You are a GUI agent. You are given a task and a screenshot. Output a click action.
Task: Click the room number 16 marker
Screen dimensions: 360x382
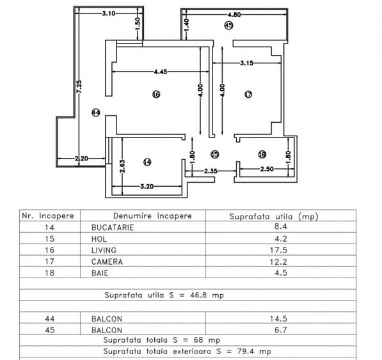[155, 95]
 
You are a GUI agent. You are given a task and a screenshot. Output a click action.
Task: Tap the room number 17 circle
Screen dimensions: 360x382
[249, 95]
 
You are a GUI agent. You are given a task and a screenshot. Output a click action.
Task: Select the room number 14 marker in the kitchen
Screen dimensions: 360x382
[148, 162]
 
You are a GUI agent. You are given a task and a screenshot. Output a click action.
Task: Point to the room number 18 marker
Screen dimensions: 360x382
[262, 153]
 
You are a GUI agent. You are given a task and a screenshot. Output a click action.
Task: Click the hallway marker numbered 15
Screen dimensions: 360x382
[214, 153]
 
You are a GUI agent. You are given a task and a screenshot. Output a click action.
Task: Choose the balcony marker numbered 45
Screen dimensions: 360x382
[228, 25]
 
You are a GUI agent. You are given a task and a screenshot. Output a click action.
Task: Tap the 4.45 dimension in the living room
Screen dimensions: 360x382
[152, 72]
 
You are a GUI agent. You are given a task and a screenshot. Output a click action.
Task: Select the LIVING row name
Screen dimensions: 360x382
[96, 250]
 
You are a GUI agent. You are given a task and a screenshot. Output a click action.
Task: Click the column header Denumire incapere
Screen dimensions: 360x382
[152, 215]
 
